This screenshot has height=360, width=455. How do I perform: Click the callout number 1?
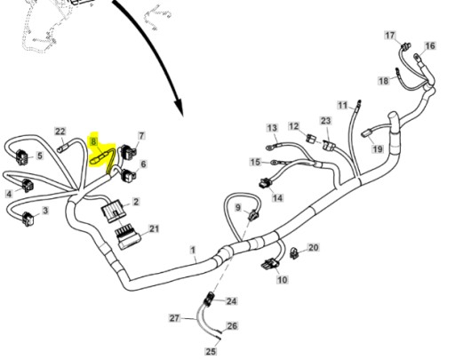(x=193, y=250)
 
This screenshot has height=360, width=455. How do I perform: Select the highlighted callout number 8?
(x=94, y=141)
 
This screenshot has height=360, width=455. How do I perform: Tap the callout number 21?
(x=154, y=228)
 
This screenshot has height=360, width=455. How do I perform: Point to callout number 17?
(x=390, y=36)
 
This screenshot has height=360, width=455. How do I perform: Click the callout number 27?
(x=174, y=318)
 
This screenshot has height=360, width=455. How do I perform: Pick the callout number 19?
(x=378, y=148)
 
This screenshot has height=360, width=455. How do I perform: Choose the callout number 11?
(x=343, y=105)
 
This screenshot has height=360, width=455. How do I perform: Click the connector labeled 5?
(x=22, y=157)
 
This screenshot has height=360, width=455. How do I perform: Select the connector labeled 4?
(x=27, y=186)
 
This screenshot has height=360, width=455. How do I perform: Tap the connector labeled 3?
(x=28, y=219)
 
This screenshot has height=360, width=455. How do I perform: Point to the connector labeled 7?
(x=128, y=152)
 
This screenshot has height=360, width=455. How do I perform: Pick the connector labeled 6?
(x=129, y=175)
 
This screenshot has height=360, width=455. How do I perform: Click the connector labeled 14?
(x=265, y=183)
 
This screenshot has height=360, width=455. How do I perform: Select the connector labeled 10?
(x=270, y=264)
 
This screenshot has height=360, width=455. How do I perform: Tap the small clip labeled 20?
(x=293, y=252)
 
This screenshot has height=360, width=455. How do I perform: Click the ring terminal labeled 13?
(x=270, y=147)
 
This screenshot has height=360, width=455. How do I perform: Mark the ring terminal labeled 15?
(x=275, y=163)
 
